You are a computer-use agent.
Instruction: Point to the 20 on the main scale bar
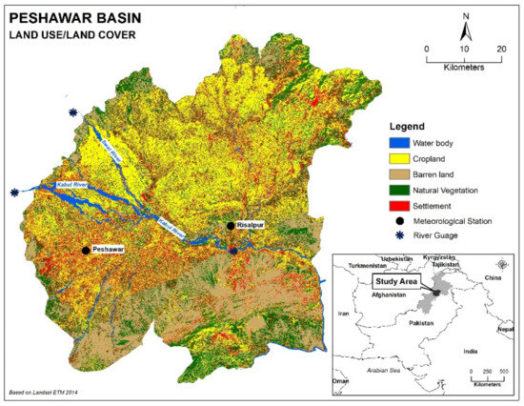[x=501, y=48]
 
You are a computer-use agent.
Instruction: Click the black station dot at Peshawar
[x=87, y=250]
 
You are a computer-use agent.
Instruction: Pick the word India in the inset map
[x=468, y=351]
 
